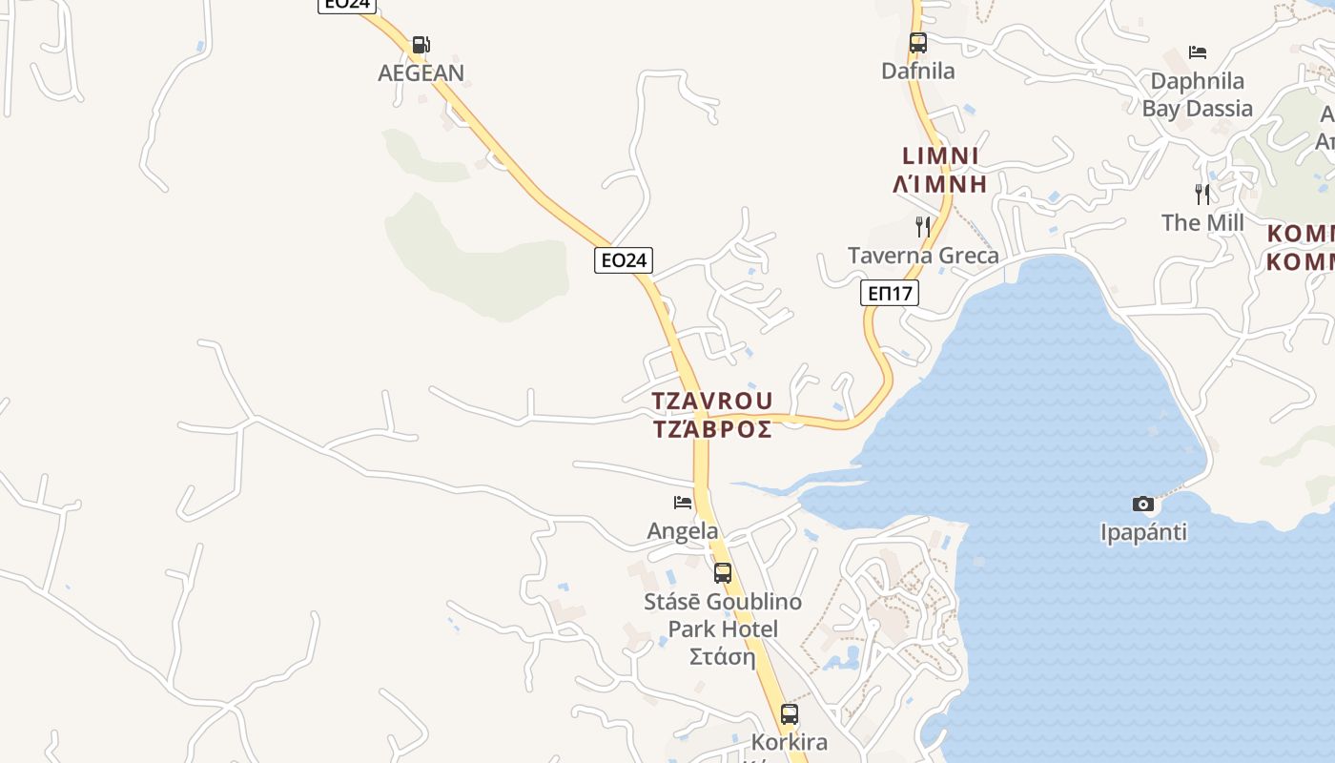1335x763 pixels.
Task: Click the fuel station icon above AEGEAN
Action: coord(421,44)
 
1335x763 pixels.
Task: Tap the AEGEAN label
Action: coord(421,72)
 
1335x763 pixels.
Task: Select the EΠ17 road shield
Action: coord(890,293)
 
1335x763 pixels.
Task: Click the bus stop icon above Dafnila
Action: coord(917,43)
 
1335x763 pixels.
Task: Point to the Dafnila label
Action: coord(917,71)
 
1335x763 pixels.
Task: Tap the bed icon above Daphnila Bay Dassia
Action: coord(1198,52)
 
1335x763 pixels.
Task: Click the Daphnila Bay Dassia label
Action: coord(1198,94)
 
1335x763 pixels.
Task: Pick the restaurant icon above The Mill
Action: coord(1202,195)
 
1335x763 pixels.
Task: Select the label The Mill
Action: coord(1202,222)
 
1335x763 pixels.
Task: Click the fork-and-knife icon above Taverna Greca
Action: coord(923,227)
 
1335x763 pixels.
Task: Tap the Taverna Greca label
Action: coord(923,255)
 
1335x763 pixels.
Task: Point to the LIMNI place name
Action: coord(940,155)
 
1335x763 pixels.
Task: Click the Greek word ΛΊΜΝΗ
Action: coord(940,183)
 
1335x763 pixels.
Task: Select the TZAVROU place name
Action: coord(712,400)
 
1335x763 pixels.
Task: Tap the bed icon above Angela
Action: coord(683,502)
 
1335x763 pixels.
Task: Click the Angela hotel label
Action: coord(683,530)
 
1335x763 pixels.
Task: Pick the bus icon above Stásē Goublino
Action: coord(723,573)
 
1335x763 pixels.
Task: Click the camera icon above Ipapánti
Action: coord(1143,504)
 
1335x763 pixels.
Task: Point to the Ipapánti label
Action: coord(1143,531)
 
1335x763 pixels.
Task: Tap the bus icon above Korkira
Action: coord(790,713)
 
